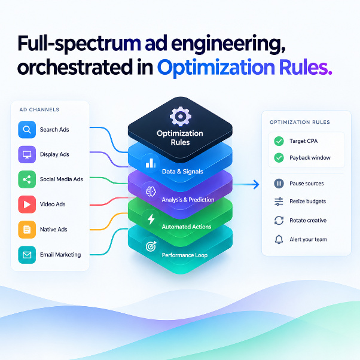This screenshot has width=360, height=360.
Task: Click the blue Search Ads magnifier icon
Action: [x=27, y=130]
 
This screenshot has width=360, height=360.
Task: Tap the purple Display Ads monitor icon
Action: [x=27, y=154]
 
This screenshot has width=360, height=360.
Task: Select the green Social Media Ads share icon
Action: [x=27, y=179]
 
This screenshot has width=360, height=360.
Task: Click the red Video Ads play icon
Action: [x=27, y=205]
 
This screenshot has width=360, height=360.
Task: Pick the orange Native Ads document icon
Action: [x=27, y=230]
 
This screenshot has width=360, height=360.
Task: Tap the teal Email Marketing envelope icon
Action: [x=27, y=255]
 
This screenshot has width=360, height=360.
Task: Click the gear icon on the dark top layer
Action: [x=181, y=116]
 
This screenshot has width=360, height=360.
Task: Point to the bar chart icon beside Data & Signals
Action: [x=151, y=163]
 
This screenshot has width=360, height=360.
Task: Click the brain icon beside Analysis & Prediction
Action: [x=151, y=191]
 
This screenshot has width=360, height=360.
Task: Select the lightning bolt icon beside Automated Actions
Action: [x=151, y=219]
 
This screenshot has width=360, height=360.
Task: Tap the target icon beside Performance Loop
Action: [x=151, y=246]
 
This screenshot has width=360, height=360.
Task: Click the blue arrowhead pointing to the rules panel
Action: [x=256, y=184]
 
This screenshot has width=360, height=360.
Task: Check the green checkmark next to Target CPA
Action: [x=279, y=141]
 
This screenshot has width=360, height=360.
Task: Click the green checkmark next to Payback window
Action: [x=279, y=158]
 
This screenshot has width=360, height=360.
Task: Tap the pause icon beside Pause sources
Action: [x=279, y=184]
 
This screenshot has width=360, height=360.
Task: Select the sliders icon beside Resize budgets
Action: [x=279, y=202]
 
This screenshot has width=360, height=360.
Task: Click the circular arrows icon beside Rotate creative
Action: [x=279, y=221]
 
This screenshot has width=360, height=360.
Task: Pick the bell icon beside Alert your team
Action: [x=279, y=239]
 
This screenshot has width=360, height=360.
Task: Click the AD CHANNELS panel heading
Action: [x=39, y=109]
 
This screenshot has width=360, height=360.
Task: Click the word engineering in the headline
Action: [x=228, y=44]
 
